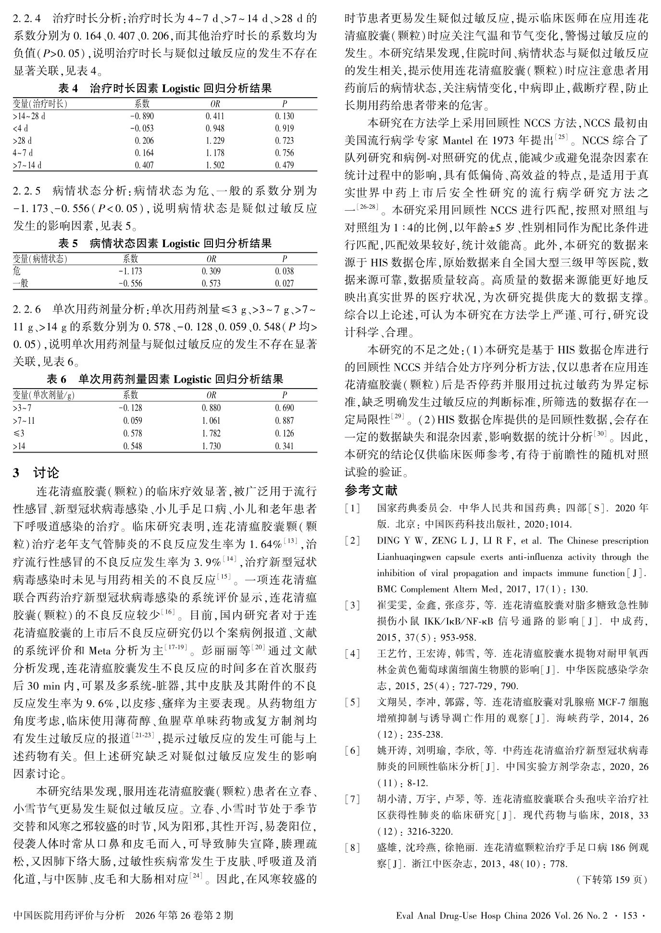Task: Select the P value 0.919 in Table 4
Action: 284,128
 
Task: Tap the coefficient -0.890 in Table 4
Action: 142,116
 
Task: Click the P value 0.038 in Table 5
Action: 284,271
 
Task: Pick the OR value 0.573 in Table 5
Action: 211,283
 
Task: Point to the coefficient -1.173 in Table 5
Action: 130,271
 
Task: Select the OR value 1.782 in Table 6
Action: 211,433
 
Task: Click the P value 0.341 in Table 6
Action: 284,446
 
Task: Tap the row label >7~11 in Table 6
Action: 24,421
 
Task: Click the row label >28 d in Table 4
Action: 23,141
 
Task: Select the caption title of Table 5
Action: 165,243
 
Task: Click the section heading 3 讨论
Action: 36,473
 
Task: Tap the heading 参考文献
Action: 371,491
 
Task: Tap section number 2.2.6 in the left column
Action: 27,308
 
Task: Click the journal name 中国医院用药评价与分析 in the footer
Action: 69,915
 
